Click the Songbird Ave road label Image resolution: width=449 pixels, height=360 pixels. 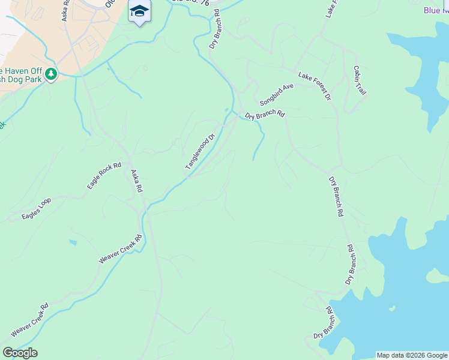277,94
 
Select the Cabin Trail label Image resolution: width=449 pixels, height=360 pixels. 360,80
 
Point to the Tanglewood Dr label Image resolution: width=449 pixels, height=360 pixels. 200,152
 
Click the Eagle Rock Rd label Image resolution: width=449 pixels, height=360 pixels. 104,176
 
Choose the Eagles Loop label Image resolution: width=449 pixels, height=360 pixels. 37,208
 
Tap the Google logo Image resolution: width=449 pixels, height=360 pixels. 20,353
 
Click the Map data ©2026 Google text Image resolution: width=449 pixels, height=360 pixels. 412,355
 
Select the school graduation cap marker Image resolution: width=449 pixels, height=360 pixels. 140,11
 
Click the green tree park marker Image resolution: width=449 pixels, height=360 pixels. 52,75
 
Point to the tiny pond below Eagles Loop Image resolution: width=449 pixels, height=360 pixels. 73,242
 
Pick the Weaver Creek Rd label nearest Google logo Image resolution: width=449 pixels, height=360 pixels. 29,320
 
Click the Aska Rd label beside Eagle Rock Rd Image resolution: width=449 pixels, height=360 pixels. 137,180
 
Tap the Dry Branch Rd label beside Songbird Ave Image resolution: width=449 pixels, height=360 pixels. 265,114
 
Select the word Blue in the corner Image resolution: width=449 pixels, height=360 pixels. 432,10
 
